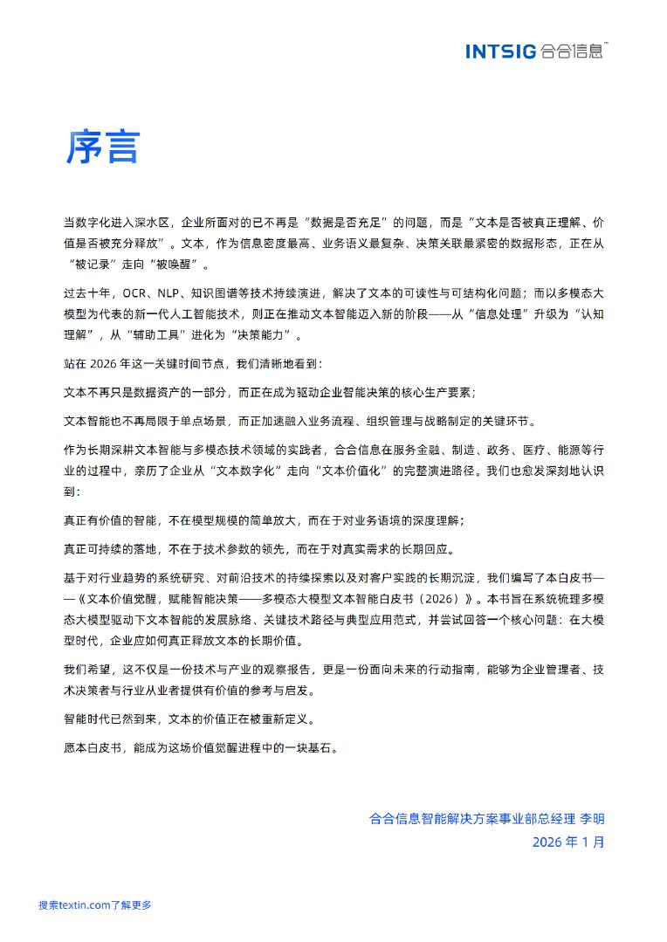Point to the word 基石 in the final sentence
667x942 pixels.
click(x=320, y=748)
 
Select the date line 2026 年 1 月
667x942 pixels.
click(x=567, y=842)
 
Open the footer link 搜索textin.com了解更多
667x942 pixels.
click(x=95, y=905)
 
